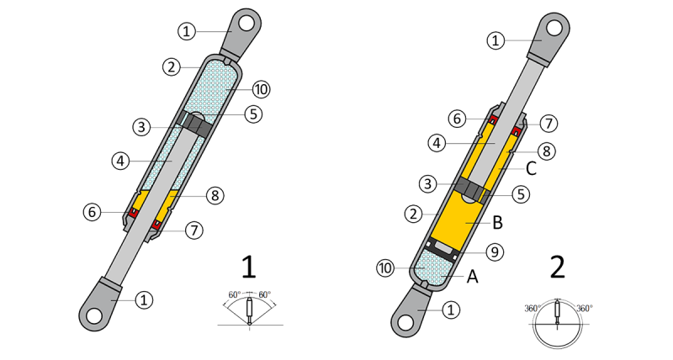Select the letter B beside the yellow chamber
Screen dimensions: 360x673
coord(497,223)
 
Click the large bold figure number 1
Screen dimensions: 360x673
coord(247,267)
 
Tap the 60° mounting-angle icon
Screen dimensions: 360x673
coord(250,308)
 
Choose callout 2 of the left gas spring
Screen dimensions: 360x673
coord(171,66)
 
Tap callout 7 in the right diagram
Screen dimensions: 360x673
coord(547,124)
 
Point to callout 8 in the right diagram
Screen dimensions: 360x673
coord(547,152)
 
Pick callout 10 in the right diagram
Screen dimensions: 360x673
coord(384,268)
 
